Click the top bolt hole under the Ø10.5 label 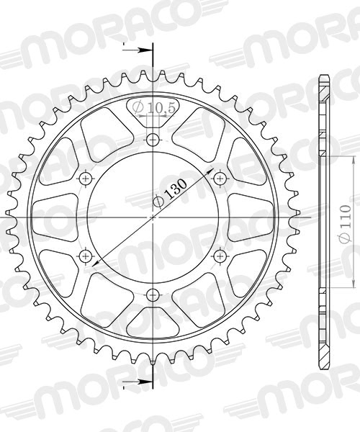click(153, 138)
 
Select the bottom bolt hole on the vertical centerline click(153, 293)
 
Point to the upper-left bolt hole click(86, 177)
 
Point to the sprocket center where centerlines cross click(153, 215)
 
